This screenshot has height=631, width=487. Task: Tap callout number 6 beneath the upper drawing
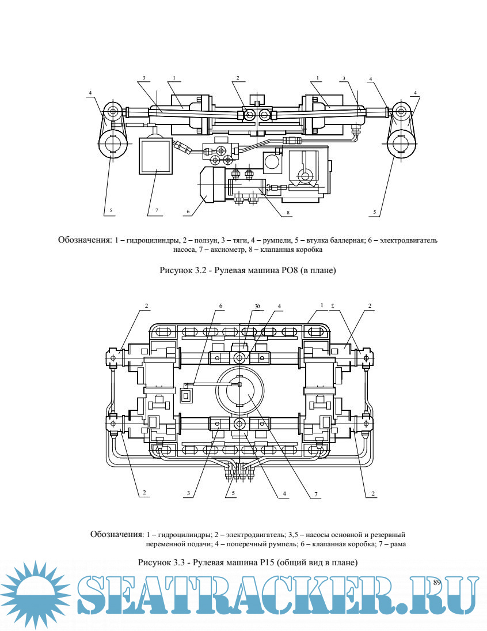(188, 212)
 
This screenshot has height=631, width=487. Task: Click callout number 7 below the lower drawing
(315, 493)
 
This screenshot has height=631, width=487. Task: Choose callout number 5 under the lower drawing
(233, 493)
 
